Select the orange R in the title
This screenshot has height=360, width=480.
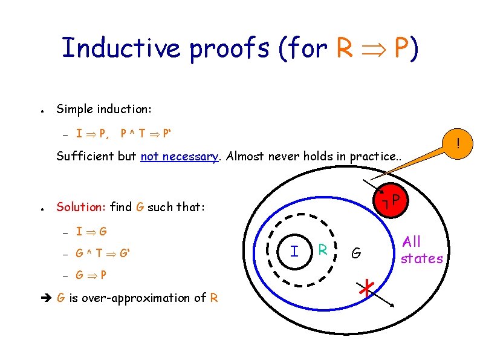[x=343, y=48]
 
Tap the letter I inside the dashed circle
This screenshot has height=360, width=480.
[x=294, y=250]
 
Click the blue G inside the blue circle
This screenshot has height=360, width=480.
[x=357, y=253]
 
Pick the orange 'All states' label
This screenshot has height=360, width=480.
[x=421, y=250]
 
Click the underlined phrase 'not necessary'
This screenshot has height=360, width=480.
[x=179, y=156]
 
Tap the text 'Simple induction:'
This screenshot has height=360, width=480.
[x=104, y=110]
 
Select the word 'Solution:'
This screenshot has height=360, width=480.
[x=81, y=207]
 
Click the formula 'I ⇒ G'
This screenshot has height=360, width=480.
[x=91, y=231]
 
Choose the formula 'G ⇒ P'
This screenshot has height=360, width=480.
[x=91, y=275]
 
